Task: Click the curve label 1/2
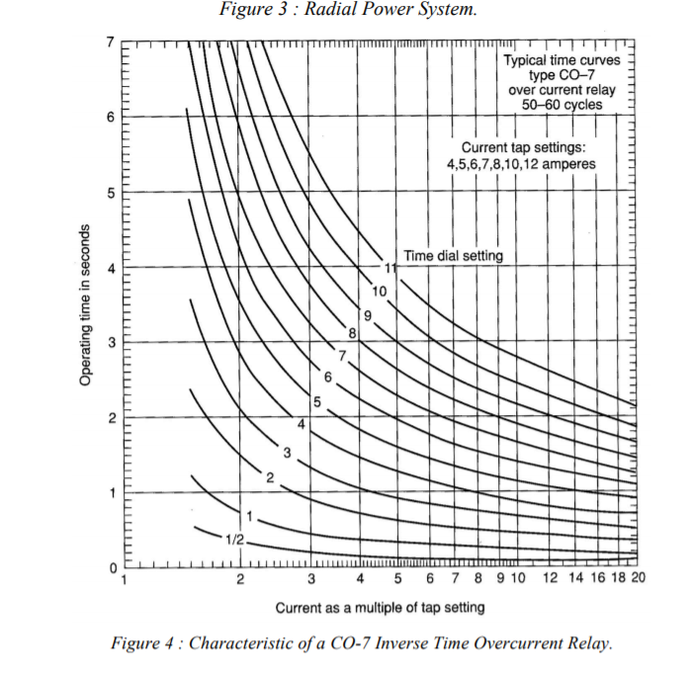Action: coord(233,539)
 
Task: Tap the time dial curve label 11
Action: coord(390,269)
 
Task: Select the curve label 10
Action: coord(380,291)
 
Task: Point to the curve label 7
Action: coord(342,355)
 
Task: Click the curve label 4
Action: coord(302,423)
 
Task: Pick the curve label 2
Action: coord(269,477)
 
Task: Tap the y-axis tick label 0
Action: coord(112,567)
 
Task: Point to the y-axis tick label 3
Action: coord(112,342)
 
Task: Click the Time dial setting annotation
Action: coord(453,256)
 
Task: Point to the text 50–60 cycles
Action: coord(561,105)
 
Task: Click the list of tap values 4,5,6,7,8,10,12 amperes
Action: coord(535,163)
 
